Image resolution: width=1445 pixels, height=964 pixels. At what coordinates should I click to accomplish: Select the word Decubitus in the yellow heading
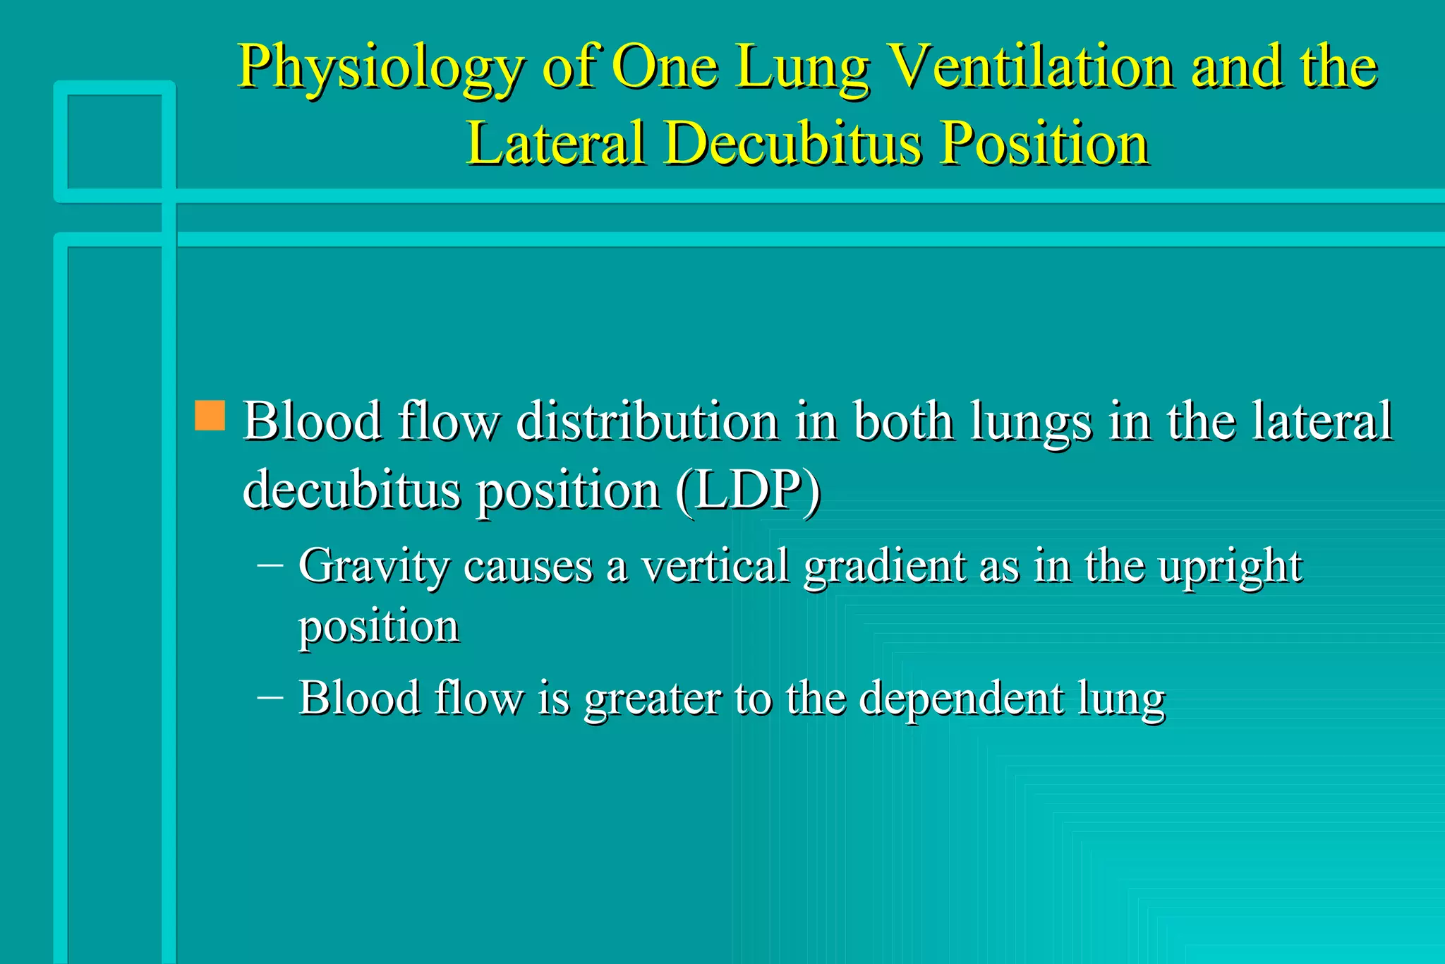click(793, 144)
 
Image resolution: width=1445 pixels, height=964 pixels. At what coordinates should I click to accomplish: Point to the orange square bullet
click(210, 416)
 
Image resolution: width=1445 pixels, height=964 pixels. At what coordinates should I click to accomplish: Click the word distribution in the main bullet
click(648, 422)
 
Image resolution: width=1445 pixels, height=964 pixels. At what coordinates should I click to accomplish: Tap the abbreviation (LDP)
click(748, 490)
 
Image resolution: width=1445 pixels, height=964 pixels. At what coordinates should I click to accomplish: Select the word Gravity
click(374, 567)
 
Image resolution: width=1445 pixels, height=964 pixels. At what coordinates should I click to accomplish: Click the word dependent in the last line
click(961, 699)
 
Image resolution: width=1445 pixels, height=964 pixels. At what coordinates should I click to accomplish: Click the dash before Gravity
click(270, 565)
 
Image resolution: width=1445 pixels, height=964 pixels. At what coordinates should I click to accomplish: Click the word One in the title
click(665, 66)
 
